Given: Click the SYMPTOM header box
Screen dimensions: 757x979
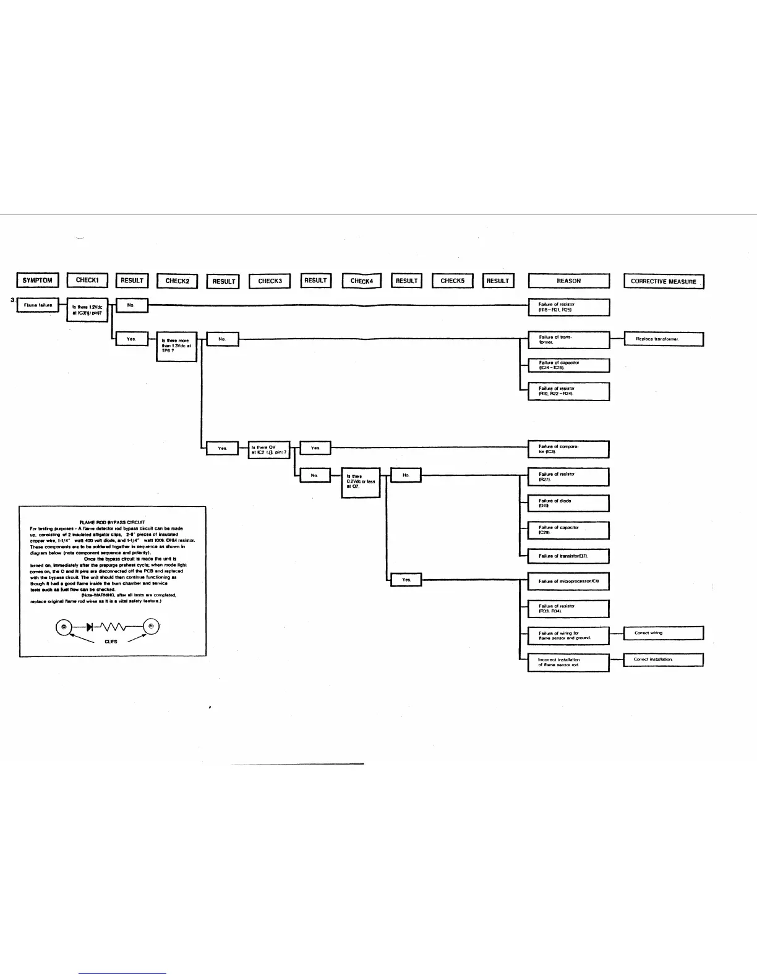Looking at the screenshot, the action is pyautogui.click(x=37, y=281).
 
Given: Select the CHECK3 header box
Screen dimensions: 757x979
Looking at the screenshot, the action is pyautogui.click(x=269, y=281).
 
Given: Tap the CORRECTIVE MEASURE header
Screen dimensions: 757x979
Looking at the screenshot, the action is pyautogui.click(x=663, y=281).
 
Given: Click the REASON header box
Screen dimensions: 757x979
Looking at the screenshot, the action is pyautogui.click(x=568, y=281).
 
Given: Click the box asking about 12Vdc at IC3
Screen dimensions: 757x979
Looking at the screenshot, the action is pyautogui.click(x=87, y=310).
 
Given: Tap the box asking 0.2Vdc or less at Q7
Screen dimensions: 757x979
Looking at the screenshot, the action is pyautogui.click(x=361, y=482).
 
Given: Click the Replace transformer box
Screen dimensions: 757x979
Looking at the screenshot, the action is pyautogui.click(x=663, y=339).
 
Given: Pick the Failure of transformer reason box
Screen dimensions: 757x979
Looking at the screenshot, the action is pyautogui.click(x=568, y=339).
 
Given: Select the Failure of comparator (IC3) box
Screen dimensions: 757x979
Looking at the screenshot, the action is pyautogui.click(x=568, y=449).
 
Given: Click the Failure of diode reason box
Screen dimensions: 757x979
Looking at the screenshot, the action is pyautogui.click(x=568, y=503).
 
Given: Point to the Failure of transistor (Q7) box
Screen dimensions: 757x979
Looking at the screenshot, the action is pyautogui.click(x=568, y=556).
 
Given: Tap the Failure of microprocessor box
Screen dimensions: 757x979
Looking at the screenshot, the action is pyautogui.click(x=568, y=582).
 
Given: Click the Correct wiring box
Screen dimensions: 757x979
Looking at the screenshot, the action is pyautogui.click(x=663, y=633).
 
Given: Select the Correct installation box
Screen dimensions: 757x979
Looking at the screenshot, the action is pyautogui.click(x=663, y=659).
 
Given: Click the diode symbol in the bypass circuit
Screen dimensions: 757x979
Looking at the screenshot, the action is pyautogui.click(x=90, y=627).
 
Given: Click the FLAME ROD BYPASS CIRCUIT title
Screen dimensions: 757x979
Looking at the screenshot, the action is pyautogui.click(x=112, y=522).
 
